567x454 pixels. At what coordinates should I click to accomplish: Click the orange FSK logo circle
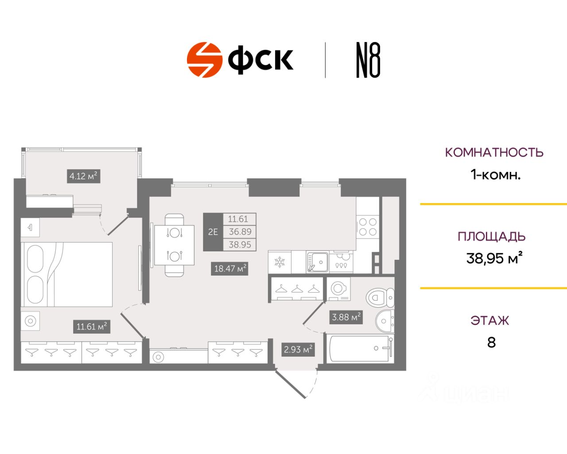(x=204, y=60)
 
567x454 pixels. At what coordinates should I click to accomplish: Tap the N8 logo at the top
(x=368, y=60)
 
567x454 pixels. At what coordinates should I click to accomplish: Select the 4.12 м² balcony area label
(x=83, y=176)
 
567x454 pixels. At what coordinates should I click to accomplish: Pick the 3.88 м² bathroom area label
(x=346, y=317)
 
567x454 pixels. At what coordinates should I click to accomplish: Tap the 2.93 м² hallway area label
(x=298, y=349)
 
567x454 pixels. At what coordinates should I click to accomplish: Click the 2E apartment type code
(x=213, y=232)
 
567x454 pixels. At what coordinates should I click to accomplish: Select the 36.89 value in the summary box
(x=240, y=232)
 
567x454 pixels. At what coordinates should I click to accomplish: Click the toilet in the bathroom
(x=381, y=297)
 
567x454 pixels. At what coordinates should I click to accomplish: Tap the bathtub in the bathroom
(x=360, y=348)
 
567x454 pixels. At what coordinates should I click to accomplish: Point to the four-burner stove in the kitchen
(x=367, y=227)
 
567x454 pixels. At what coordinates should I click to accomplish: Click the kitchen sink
(x=318, y=262)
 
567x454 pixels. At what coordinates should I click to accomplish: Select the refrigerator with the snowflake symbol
(x=280, y=262)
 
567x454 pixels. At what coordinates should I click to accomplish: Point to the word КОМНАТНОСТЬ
(x=494, y=153)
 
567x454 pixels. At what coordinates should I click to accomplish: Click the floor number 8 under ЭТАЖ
(x=491, y=343)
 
